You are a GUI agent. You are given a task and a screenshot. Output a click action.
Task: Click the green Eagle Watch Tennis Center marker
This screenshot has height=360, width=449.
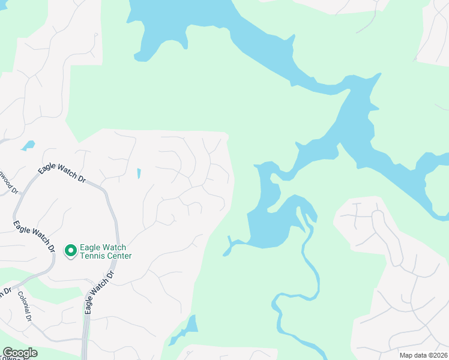(71, 250)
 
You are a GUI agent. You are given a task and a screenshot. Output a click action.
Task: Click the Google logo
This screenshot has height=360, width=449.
(19, 353)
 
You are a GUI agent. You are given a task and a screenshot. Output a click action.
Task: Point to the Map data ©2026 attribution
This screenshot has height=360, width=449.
(423, 355)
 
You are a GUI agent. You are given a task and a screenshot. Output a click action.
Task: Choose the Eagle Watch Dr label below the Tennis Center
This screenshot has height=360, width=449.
(99, 293)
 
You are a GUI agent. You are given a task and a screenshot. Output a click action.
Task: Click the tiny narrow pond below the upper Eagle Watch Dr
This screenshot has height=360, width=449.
(139, 173)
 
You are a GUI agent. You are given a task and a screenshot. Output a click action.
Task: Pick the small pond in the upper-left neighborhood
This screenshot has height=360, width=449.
(28, 145)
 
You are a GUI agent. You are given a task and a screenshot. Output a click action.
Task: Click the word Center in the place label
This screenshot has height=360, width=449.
(120, 256)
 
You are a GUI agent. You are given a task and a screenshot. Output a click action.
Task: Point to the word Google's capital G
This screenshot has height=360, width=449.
(7, 353)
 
